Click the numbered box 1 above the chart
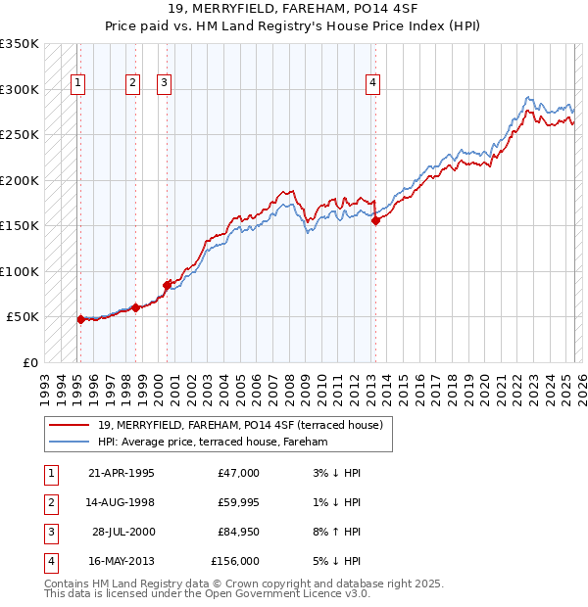click(x=76, y=84)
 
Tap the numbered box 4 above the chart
click(x=373, y=84)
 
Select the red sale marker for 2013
click(x=375, y=221)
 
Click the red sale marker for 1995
click(x=80, y=319)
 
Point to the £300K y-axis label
click(x=20, y=90)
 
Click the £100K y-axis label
click(x=20, y=272)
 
